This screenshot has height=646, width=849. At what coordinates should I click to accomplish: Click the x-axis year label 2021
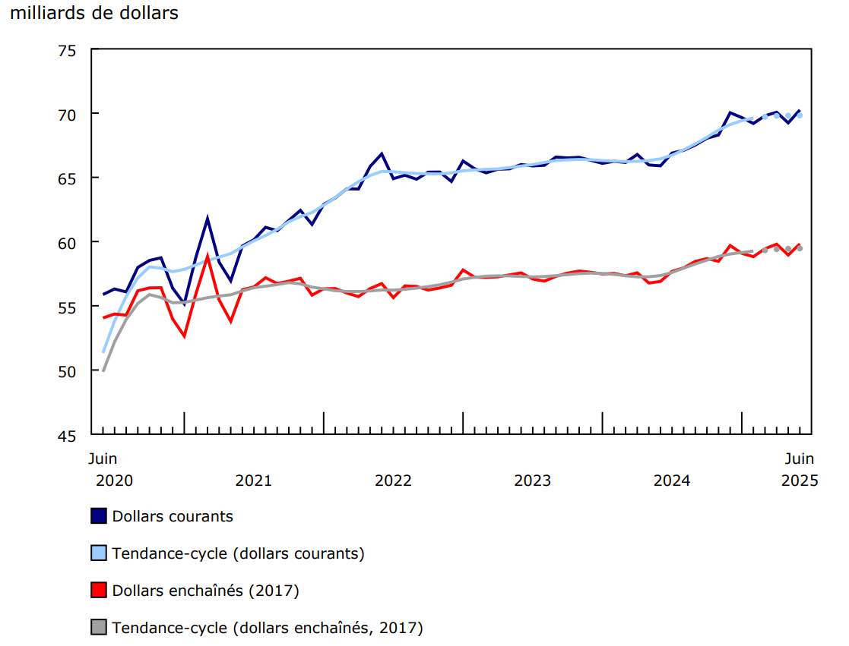253,481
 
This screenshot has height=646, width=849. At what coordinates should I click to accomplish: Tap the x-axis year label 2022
393,481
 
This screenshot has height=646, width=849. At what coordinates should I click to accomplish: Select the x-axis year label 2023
532,481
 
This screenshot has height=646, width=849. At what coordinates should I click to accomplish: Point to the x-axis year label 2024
672,481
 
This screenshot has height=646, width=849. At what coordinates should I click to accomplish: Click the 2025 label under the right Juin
798,481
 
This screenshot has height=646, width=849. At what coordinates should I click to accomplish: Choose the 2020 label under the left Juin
114,481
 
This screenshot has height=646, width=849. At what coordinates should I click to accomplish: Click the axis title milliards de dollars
94,14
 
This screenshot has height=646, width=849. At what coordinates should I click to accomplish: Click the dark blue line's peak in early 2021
207,219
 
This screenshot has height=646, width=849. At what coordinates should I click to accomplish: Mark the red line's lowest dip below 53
184,336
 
